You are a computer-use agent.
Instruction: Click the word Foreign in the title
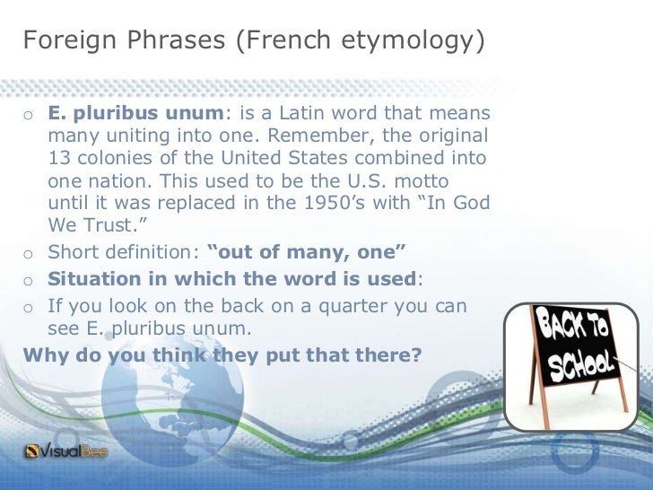point(62,40)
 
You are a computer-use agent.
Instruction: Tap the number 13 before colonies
point(59,159)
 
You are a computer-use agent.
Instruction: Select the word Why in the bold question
point(44,354)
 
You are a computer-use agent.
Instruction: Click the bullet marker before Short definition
point(29,252)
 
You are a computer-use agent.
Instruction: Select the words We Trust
point(89,224)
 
